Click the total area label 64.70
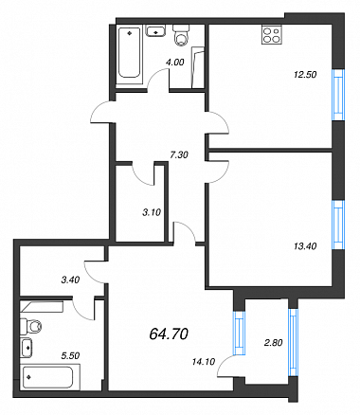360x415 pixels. [x=169, y=334]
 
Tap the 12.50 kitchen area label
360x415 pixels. [x=305, y=75]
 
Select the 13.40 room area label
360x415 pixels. [x=305, y=246]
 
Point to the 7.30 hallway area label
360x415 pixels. [x=179, y=155]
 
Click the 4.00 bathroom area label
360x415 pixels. [x=174, y=63]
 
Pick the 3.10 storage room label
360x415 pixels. [x=152, y=212]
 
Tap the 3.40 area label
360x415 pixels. [x=70, y=280]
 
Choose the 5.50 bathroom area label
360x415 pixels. [x=70, y=355]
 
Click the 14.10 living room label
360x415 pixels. [x=204, y=362]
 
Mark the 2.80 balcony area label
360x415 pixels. [x=273, y=342]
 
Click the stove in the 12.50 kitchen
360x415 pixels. [x=272, y=35]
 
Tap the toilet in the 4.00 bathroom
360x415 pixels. [x=181, y=35]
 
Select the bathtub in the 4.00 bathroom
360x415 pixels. [x=129, y=53]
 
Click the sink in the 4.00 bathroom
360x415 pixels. [x=155, y=31]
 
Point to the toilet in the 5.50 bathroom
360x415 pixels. [x=30, y=327]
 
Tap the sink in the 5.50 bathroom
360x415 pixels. [x=27, y=348]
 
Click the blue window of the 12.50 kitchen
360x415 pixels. [x=338, y=95]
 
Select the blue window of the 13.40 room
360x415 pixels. [x=338, y=226]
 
